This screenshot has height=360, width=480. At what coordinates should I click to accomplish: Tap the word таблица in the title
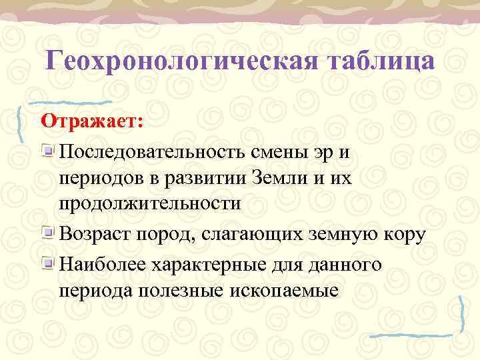pyautogui.click(x=381, y=61)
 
